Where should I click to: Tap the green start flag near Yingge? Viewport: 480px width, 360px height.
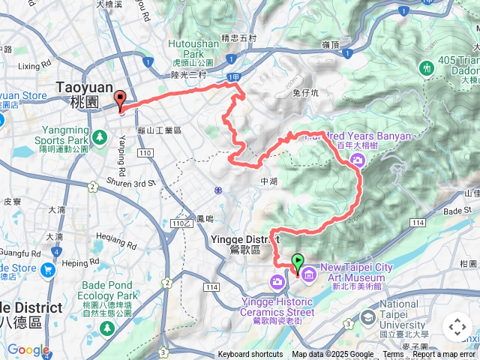point(298,263)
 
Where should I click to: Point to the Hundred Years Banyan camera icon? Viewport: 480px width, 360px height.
point(358,158)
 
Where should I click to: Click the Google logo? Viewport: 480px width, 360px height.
point(28,349)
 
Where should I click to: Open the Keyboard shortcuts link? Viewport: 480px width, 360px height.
point(250,355)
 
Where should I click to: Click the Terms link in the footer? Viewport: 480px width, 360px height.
point(393,355)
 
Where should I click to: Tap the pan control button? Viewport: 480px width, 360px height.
point(456,327)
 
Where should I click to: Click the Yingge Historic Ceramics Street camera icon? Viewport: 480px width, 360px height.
point(277,281)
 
